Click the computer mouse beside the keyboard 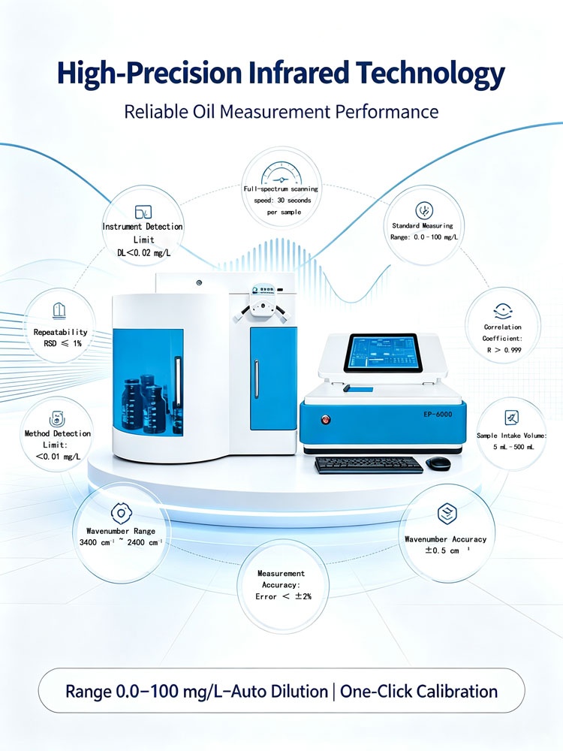click(x=438, y=462)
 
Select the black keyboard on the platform click(x=369, y=465)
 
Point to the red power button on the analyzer click(x=326, y=420)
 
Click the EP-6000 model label click(x=438, y=415)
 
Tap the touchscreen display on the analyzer click(x=383, y=354)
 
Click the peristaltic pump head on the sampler click(x=262, y=309)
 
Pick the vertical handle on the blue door click(x=256, y=379)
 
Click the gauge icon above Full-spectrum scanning click(x=281, y=174)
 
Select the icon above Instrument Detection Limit click(x=143, y=212)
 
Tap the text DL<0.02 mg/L click(x=143, y=252)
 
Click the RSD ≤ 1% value click(x=62, y=343)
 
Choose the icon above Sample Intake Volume click(x=512, y=417)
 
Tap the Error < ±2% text click(x=284, y=596)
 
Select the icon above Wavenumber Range click(x=121, y=514)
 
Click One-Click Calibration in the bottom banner click(x=419, y=692)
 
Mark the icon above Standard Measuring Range click(x=423, y=211)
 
